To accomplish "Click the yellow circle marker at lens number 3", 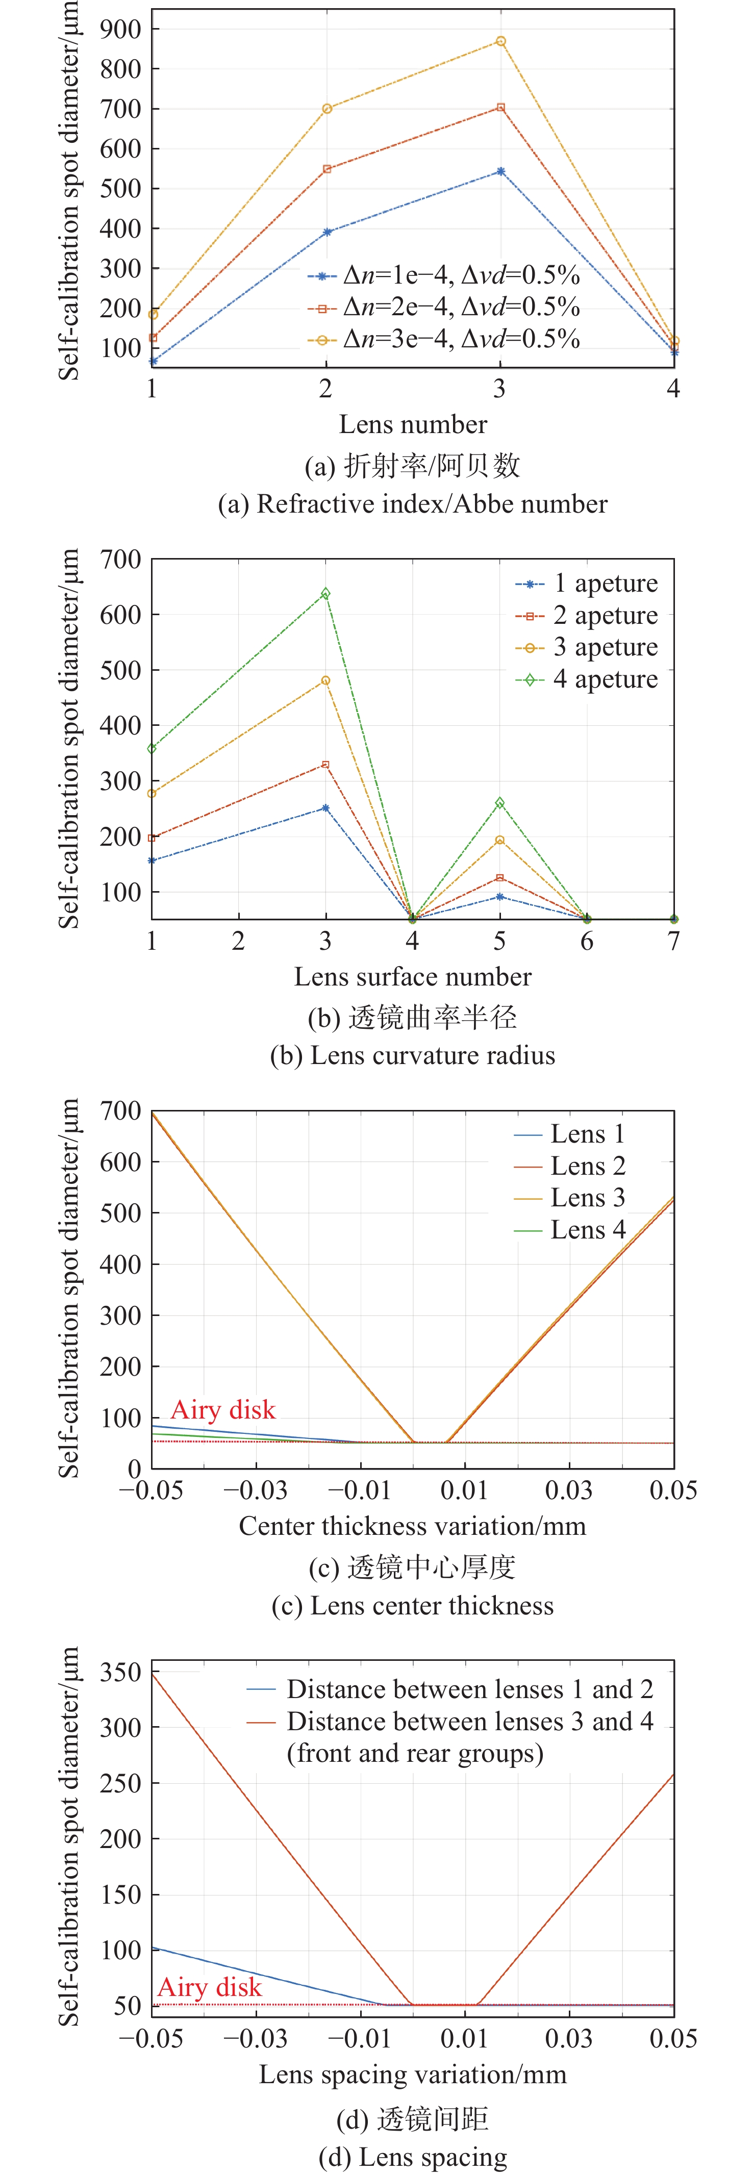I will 500,41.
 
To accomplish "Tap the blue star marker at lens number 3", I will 500,171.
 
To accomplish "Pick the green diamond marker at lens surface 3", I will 326,594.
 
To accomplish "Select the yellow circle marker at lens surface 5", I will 500,840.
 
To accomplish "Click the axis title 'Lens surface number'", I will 413,976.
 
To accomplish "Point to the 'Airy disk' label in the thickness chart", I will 223,1409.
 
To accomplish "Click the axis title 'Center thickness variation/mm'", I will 413,1526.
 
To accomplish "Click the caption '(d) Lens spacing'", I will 413,2157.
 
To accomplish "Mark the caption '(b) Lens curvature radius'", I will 413,1055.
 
